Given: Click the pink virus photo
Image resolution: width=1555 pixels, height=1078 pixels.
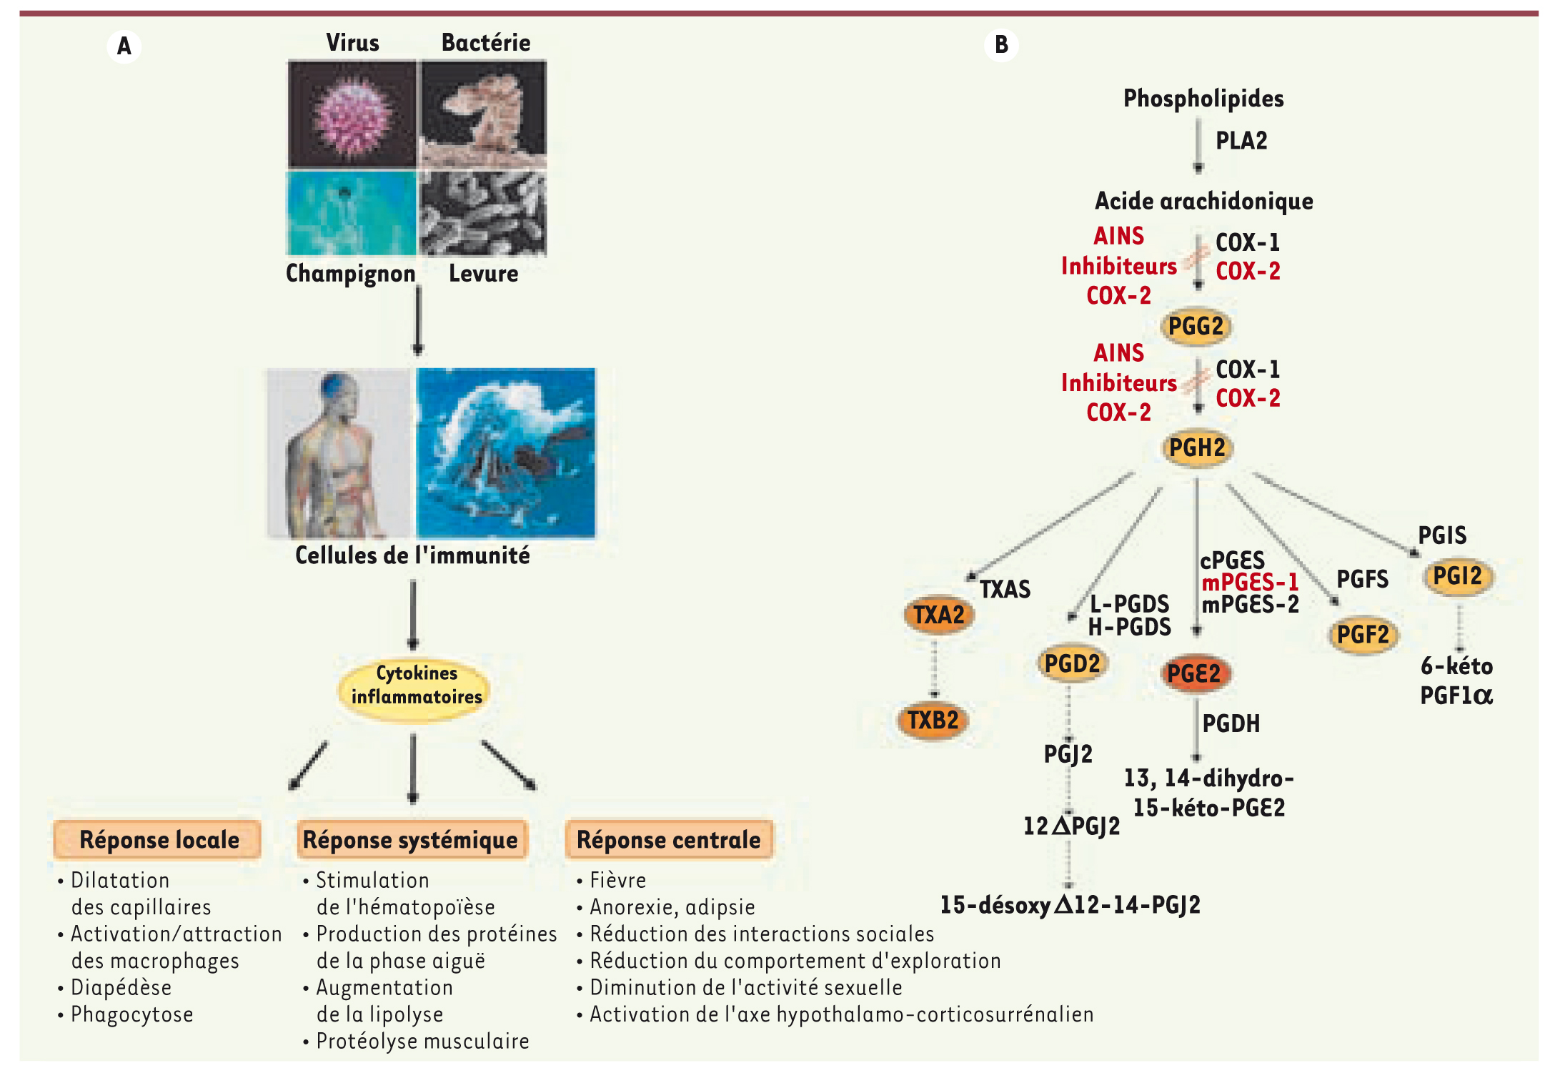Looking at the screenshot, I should point(352,114).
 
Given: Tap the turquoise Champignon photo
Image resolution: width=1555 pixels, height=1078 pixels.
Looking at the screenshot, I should point(352,212).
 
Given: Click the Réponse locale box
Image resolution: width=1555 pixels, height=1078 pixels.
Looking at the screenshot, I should point(158,839).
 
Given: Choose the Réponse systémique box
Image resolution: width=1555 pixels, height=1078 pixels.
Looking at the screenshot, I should point(411,839).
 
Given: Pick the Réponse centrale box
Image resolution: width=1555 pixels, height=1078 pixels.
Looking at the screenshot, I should point(668,839).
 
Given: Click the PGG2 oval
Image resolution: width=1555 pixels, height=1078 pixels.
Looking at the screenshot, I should point(1196,327).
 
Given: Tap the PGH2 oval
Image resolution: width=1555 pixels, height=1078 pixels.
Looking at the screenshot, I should point(1197,448).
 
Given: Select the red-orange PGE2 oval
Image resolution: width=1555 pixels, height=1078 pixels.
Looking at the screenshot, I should point(1194,673).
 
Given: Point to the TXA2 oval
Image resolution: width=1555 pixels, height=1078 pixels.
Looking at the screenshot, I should point(939,614).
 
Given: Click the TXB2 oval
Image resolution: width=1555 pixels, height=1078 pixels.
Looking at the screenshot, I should point(933,720).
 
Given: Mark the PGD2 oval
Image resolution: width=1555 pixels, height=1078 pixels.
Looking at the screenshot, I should point(1072,663).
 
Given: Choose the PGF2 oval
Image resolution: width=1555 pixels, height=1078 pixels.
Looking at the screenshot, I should point(1363,634).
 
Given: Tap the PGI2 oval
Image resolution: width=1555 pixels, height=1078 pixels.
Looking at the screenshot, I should point(1458,576).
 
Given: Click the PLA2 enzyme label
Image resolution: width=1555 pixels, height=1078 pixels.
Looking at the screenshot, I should point(1241,141).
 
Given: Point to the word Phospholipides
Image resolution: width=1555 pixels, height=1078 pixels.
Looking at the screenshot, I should point(1203,98).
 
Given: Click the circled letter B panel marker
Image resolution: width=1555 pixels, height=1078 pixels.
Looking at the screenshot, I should point(1001,45).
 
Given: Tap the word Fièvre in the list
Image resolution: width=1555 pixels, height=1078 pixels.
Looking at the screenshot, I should point(618,880).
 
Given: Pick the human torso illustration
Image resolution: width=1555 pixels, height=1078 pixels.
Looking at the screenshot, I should point(340,453).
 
